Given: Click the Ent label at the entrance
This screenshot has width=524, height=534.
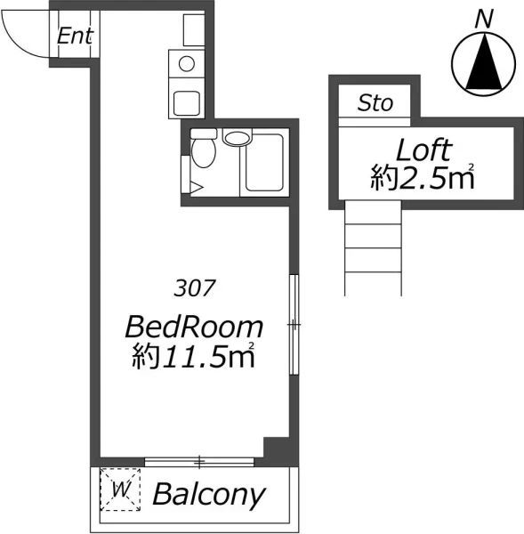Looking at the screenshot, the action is tap(76, 36).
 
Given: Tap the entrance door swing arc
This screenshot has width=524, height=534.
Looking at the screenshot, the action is tap(13, 45).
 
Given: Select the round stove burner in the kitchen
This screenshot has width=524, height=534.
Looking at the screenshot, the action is tap(187, 64).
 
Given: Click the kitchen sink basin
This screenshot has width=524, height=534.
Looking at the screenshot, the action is tap(186, 103).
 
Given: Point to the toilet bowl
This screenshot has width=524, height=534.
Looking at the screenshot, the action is tap(203, 152).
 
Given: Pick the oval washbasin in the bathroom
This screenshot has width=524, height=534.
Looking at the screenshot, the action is tap(237, 138).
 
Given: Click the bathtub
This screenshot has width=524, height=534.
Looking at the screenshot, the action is tap(264, 163).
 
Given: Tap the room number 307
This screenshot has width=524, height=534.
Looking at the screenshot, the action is tap(195, 287).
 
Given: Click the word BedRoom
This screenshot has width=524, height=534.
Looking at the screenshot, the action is tap(195, 327).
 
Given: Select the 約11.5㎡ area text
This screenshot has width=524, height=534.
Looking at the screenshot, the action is tap(194, 355).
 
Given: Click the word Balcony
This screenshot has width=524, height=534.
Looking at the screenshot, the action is tap(209, 495).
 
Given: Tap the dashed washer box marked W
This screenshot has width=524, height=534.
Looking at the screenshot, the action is tap(120, 489).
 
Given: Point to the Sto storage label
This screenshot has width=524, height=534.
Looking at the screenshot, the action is tap(375, 103).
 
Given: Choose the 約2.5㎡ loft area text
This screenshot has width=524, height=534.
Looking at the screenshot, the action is tap(423, 176).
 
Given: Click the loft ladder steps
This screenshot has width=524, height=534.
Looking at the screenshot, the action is tap(373, 248).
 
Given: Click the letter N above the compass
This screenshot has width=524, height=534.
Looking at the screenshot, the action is tap(484, 19).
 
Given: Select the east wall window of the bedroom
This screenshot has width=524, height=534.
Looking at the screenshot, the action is tap(294, 325).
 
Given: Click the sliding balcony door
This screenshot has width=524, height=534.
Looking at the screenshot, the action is tap(199, 462).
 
